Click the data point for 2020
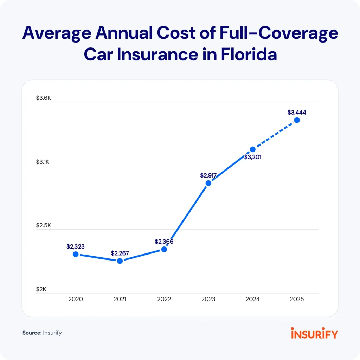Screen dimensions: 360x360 point(76,254)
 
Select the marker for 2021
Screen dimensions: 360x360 point(120,261)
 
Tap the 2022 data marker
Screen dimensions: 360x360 point(164,249)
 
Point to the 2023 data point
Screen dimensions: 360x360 point(208,183)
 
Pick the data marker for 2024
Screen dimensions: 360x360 point(252,149)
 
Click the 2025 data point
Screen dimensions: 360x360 point(297,120)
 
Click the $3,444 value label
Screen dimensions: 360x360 point(297,112)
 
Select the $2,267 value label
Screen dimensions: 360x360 point(120,253)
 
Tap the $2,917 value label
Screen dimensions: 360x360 point(208,175)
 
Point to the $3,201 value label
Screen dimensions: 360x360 point(252,157)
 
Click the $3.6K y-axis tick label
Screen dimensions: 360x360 point(44,98)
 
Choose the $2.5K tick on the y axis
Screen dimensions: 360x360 point(44,225)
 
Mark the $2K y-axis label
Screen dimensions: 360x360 point(41,289)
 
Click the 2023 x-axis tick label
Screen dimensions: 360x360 point(208,300)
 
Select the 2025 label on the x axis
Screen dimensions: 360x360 point(297,300)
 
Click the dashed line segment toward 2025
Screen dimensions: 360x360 point(275,135)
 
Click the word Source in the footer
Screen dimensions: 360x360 point(32,333)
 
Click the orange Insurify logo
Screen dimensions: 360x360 point(314,333)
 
